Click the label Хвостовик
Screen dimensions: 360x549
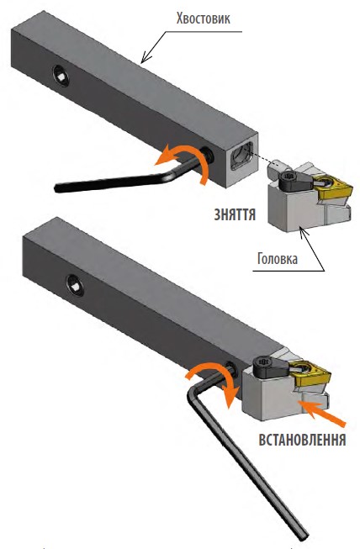pyautogui.click(x=203, y=18)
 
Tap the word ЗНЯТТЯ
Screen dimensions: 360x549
pyautogui.click(x=235, y=214)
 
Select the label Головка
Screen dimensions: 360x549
pyautogui.click(x=278, y=258)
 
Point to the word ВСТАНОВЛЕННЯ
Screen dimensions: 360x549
pyautogui.click(x=302, y=440)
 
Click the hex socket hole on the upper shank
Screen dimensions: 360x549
pyautogui.click(x=61, y=75)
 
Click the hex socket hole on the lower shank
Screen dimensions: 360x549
pyautogui.click(x=75, y=285)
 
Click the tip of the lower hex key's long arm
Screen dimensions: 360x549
pyautogui.click(x=304, y=535)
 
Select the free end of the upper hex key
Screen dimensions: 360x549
pyautogui.click(x=57, y=187)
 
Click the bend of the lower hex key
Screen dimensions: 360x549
pyautogui.click(x=193, y=389)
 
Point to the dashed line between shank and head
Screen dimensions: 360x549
pyautogui.click(x=263, y=160)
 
